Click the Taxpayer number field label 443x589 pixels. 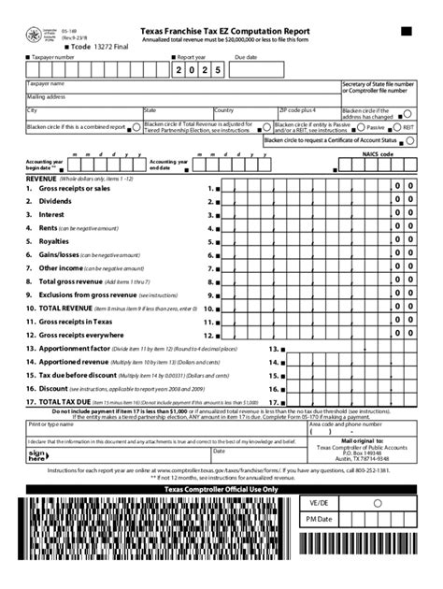click(54, 56)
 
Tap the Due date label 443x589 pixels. click(246, 56)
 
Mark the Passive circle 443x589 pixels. click(360, 127)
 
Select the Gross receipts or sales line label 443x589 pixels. click(75, 188)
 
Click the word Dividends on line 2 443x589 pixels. click(56, 201)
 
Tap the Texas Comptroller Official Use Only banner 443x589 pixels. click(221, 489)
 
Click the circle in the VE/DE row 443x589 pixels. click(377, 503)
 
